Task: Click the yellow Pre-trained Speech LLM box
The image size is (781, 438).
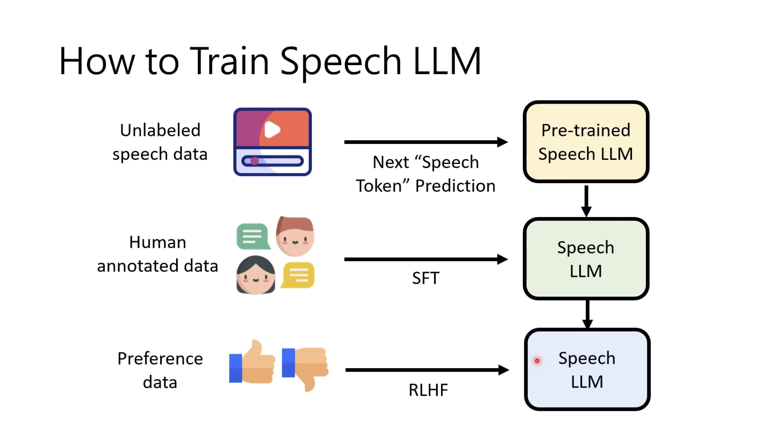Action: coord(586,142)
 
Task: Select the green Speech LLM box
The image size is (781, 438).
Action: coord(586,259)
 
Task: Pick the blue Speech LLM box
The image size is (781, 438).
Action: coord(587,369)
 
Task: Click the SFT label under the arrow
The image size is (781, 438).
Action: coord(426,278)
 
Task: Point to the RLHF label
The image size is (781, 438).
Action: coord(428,390)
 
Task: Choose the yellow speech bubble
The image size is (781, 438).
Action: coord(298,275)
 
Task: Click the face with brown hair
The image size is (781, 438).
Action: coord(295,236)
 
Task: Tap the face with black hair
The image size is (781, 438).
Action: coord(256,275)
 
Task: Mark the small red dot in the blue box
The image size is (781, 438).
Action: coord(537,361)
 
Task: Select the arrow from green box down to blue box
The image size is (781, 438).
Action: coord(587,314)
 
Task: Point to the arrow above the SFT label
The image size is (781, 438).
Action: coord(426,259)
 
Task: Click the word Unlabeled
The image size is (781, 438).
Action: coord(160,130)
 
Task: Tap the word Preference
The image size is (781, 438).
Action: coord(160,358)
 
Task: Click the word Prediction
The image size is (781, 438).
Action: coord(455,186)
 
